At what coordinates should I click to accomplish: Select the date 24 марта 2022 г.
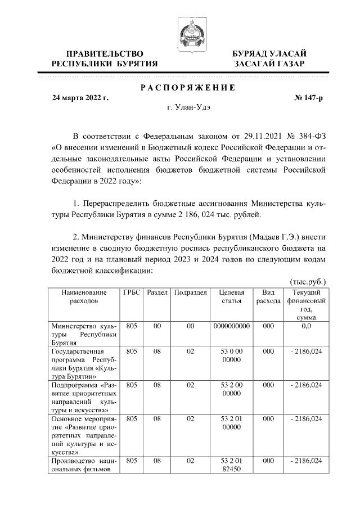80,98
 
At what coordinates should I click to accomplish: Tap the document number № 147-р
309,98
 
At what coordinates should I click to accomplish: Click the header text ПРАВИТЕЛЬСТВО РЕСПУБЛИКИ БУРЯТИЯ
104,58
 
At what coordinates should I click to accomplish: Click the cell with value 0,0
307,326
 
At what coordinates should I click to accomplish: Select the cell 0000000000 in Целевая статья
231,326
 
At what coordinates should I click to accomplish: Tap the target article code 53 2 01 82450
231,465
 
